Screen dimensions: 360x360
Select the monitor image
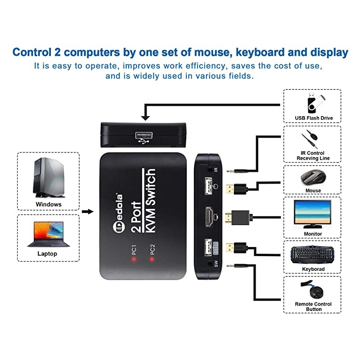(312, 213)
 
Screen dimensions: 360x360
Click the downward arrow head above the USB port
(145, 118)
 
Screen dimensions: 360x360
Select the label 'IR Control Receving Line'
(313, 156)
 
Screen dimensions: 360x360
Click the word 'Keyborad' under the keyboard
(312, 269)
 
